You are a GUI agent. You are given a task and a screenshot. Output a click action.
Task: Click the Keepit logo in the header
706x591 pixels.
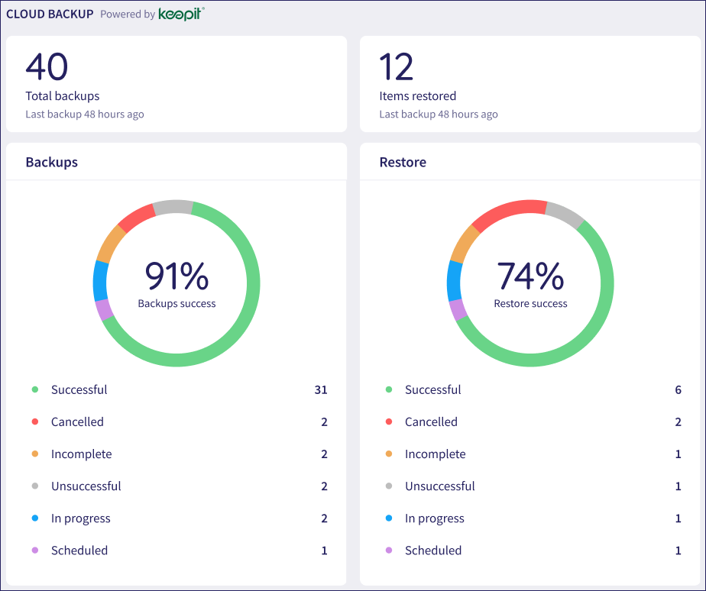coord(181,14)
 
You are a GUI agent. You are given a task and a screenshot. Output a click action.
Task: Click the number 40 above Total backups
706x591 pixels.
coord(47,66)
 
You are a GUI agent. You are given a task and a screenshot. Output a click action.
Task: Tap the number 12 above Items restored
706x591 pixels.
coord(397,66)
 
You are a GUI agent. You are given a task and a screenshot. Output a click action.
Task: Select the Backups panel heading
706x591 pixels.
coord(52,162)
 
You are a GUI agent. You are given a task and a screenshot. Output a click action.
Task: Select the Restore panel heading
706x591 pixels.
coord(403,162)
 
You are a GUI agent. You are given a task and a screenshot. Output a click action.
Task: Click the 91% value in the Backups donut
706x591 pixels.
coord(176,276)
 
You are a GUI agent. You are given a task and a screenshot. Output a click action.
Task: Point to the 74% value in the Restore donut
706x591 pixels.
coord(530,276)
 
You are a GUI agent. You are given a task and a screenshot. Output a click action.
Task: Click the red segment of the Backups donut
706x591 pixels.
coord(136,218)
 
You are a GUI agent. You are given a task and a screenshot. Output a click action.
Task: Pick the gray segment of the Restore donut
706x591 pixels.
coord(565,215)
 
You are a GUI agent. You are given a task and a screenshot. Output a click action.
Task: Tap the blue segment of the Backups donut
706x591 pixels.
coord(100,281)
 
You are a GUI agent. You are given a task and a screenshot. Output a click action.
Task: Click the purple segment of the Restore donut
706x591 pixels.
coord(458,310)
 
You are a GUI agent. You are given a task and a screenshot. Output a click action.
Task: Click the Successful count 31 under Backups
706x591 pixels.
coord(321,389)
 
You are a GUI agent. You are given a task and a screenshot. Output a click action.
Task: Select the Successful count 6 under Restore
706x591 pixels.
coord(678,389)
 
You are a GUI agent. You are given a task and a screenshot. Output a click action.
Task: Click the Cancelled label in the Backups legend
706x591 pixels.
coord(77,421)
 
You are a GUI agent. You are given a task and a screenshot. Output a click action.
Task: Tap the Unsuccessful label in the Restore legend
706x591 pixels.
coord(440,486)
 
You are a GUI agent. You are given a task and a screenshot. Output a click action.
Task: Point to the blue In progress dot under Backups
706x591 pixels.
coord(35,518)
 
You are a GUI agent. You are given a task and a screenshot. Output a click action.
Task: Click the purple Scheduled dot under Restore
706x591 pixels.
coord(389,550)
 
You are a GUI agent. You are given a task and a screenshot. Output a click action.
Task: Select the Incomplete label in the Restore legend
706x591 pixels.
coord(436,454)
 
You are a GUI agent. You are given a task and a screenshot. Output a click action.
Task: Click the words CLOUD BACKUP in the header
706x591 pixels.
coord(50,14)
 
